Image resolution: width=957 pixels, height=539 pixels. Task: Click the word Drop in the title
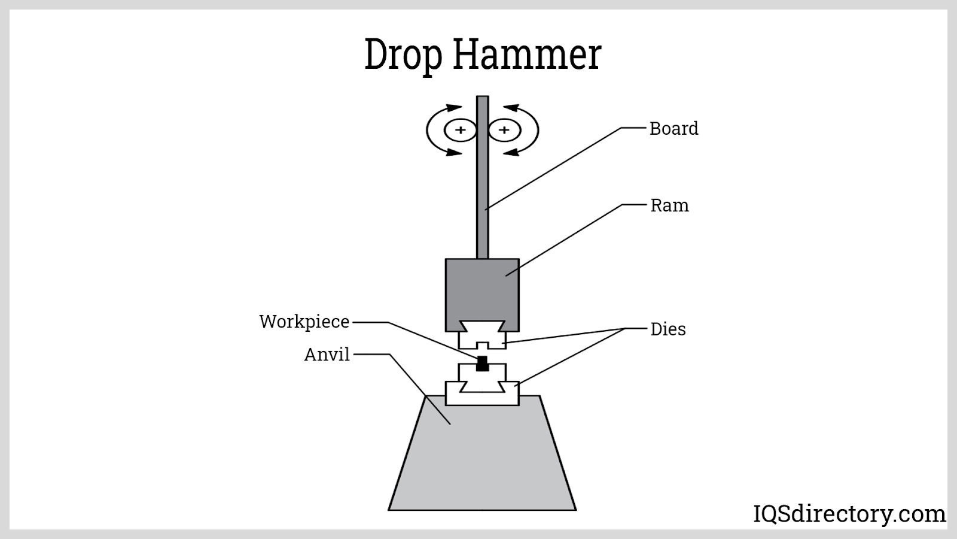click(403, 55)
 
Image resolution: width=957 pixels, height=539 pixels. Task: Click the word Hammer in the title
click(526, 55)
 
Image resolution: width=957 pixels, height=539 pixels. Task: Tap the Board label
click(673, 129)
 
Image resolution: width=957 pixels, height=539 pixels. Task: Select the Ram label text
click(669, 205)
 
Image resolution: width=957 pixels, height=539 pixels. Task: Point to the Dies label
click(668, 329)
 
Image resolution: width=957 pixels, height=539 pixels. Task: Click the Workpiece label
click(304, 322)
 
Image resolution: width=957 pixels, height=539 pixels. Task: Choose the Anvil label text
click(327, 355)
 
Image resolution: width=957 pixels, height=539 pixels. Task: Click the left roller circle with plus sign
click(460, 130)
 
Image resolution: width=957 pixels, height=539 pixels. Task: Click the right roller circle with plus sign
click(504, 130)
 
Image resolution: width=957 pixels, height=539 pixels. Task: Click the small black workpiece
click(482, 364)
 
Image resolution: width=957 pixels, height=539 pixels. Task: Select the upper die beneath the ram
click(482, 337)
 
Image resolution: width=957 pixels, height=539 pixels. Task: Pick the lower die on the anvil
click(482, 389)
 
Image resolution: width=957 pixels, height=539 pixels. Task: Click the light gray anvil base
click(482, 461)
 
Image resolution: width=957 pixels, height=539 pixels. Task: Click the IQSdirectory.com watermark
click(849, 514)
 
